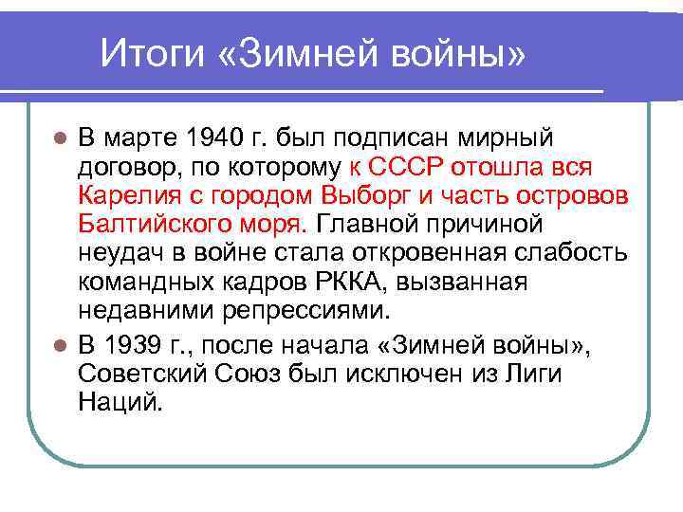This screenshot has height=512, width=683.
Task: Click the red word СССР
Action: [x=409, y=168]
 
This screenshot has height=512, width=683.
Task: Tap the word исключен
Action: [x=406, y=375]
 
